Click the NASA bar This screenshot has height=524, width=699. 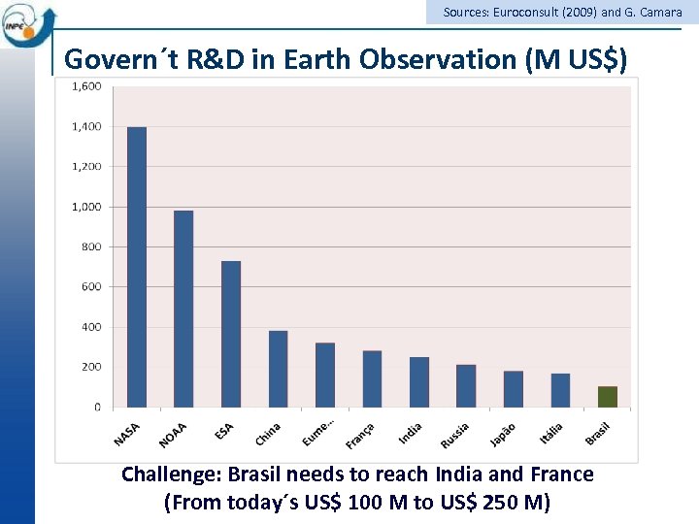click(137, 267)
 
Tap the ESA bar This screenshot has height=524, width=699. click(231, 334)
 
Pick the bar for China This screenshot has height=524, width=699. click(278, 369)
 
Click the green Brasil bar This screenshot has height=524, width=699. click(608, 397)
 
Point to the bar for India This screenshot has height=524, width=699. click(419, 382)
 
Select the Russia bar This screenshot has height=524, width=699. click(466, 386)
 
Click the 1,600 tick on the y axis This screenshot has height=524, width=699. click(86, 87)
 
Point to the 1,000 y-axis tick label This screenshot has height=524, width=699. click(86, 207)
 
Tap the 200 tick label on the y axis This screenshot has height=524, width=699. click(89, 367)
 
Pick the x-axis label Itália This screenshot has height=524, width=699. click(551, 433)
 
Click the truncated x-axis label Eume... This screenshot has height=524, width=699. click(316, 433)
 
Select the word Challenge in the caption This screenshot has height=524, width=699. click(168, 475)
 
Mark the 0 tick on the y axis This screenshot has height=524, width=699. click(96, 408)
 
